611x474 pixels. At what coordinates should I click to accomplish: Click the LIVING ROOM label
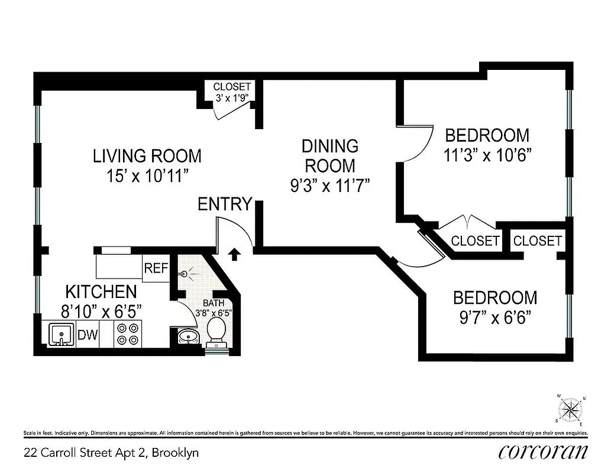(x=147, y=156)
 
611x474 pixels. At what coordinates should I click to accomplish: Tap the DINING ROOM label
(x=329, y=155)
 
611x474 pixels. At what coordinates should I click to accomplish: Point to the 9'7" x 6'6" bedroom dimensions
(x=495, y=318)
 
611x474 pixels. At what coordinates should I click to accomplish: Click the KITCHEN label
(x=101, y=292)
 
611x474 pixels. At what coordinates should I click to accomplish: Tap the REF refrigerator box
(x=157, y=268)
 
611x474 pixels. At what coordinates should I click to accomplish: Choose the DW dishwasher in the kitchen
(x=88, y=335)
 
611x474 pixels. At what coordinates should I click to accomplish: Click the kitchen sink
(x=59, y=335)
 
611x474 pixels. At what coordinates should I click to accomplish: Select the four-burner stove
(x=128, y=335)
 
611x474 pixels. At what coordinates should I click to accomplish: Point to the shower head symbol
(x=185, y=274)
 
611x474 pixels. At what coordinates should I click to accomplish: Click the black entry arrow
(x=234, y=254)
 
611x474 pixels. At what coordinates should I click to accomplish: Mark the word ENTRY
(x=225, y=204)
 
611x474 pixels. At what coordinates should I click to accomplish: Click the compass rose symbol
(x=571, y=409)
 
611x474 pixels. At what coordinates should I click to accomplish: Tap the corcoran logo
(x=543, y=452)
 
